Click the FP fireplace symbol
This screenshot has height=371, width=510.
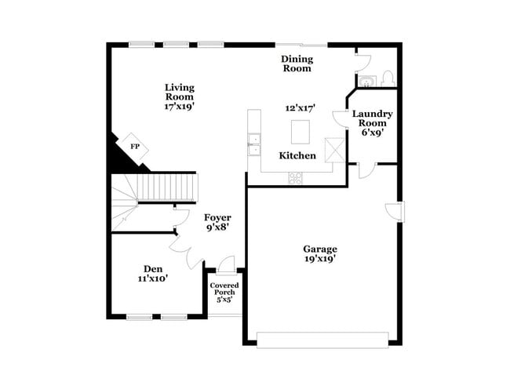(x=134, y=147)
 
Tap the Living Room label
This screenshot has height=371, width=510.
(x=180, y=93)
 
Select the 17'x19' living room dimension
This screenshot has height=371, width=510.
(x=180, y=107)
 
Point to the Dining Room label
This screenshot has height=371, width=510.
(x=297, y=64)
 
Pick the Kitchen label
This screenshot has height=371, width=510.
(x=298, y=155)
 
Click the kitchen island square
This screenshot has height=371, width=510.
(x=301, y=130)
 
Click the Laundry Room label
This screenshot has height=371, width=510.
(x=373, y=118)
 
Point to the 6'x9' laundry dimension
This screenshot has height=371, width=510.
(x=373, y=133)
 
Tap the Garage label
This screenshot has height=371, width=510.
(x=320, y=249)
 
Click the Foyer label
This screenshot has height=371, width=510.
(x=217, y=217)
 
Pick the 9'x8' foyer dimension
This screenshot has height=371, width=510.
(x=217, y=228)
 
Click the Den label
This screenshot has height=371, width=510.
(x=152, y=267)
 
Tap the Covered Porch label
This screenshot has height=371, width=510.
(x=224, y=288)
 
